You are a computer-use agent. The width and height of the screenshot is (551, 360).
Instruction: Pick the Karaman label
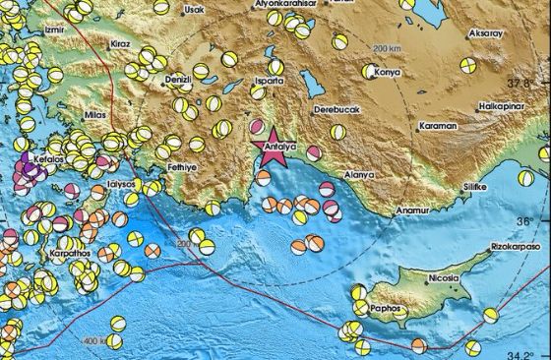439,127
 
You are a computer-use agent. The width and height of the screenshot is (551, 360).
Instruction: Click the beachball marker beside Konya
369,71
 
